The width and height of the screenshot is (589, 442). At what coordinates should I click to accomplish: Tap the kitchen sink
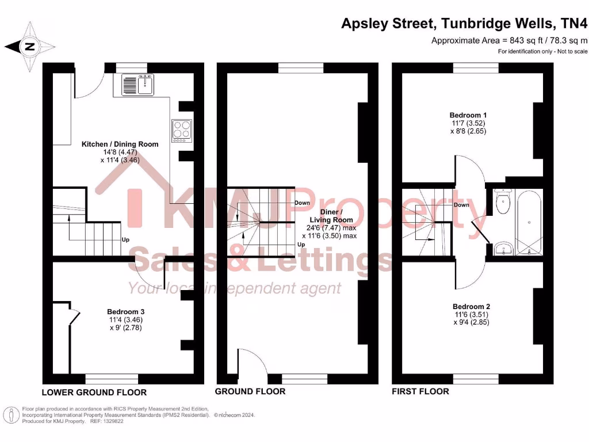point(136,84)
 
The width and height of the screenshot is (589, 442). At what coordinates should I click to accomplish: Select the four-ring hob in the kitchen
point(182,130)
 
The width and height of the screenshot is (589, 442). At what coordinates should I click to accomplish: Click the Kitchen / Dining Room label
point(120,144)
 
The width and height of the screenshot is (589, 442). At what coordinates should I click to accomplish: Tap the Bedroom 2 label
point(472,306)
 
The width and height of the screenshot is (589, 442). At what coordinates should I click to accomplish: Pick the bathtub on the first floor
point(529,222)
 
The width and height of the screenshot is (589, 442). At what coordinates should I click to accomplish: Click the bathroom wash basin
point(504,249)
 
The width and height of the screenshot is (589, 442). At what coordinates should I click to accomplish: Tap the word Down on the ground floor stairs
point(302,203)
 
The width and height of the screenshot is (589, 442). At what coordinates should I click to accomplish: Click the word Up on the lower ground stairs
point(125,239)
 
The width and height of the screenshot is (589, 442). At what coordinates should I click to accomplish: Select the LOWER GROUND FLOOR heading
point(94,393)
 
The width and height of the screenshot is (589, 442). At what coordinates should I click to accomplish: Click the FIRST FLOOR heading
point(420,391)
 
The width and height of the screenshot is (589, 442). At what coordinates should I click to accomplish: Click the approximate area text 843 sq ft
point(510,40)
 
